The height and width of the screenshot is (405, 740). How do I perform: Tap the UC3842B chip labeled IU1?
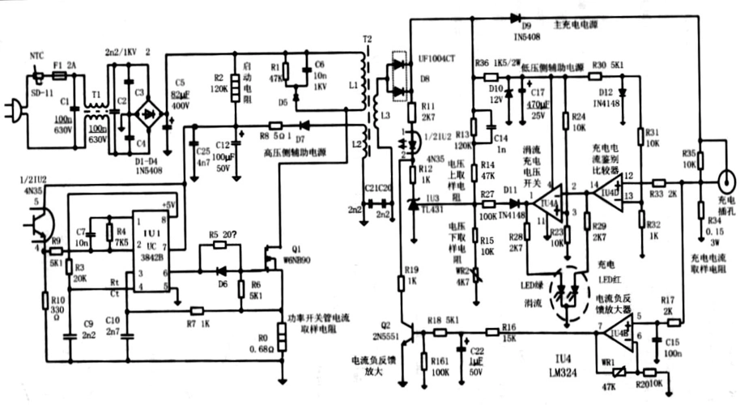(x=147, y=242)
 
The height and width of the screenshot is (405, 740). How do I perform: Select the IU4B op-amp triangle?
(x=619, y=332)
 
